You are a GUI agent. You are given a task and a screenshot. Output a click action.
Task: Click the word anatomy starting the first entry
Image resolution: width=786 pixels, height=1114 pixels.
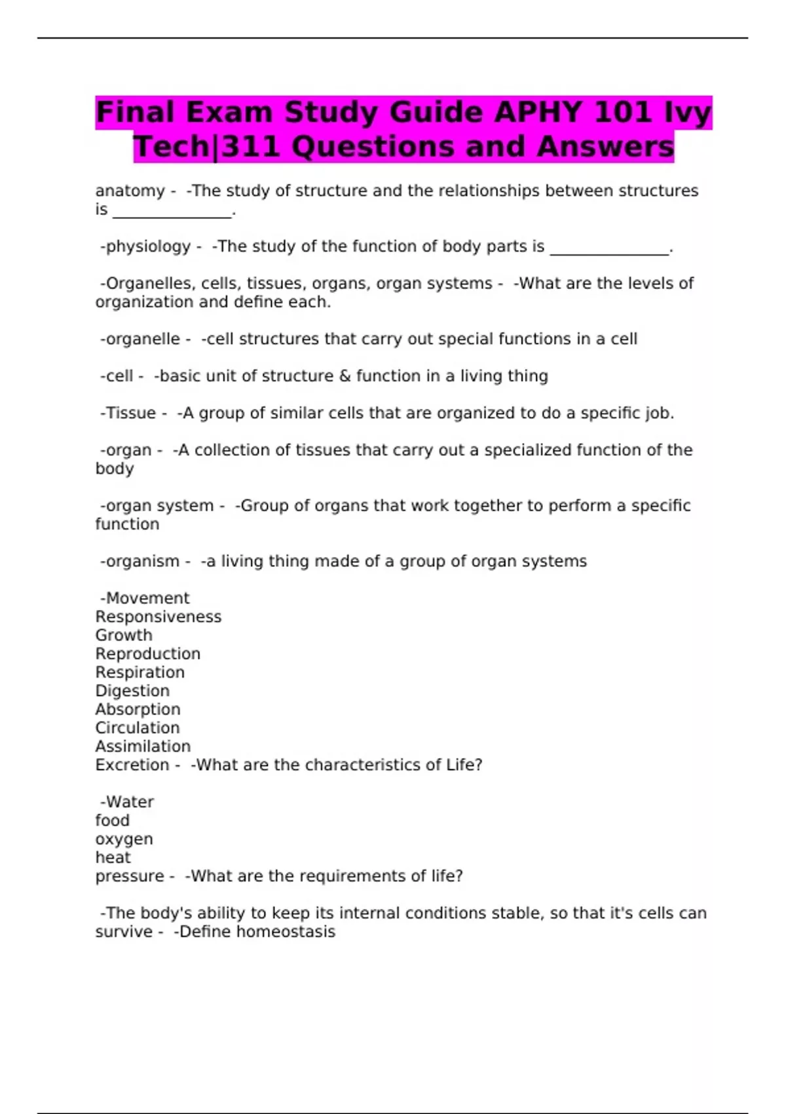tap(130, 191)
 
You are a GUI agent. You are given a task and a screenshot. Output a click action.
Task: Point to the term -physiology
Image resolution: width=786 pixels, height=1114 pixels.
tap(145, 246)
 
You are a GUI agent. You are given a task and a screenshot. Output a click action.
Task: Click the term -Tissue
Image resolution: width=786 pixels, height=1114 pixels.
tap(128, 413)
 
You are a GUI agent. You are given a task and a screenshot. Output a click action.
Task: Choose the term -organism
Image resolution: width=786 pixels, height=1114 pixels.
tap(140, 562)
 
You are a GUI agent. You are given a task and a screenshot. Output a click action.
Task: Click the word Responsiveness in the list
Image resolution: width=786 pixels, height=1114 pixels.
tap(159, 617)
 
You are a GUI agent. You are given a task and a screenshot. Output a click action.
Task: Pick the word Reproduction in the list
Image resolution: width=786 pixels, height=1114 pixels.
tap(148, 654)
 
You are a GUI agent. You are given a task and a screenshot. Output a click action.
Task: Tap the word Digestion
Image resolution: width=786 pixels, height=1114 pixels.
tap(132, 691)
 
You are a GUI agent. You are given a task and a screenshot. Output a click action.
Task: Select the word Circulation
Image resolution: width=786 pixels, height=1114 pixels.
tap(138, 728)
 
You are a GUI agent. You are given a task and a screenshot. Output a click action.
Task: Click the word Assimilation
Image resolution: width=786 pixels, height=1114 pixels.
tap(143, 746)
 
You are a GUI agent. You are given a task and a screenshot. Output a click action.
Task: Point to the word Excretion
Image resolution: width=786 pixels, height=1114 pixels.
tap(132, 765)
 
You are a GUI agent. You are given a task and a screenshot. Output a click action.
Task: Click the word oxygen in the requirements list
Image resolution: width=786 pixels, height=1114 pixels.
tap(124, 839)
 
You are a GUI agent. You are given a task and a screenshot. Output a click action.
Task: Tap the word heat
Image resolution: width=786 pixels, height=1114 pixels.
tap(113, 858)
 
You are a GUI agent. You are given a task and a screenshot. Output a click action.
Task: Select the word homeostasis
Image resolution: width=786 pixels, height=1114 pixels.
tap(286, 932)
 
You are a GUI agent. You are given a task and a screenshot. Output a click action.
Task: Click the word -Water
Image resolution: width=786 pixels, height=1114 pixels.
tap(127, 802)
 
